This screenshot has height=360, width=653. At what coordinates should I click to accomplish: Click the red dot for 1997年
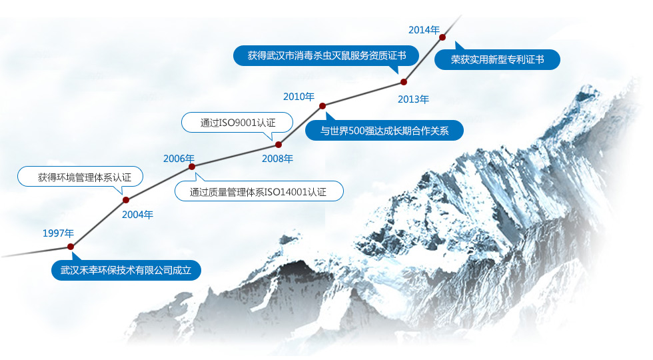pyautogui.click(x=71, y=247)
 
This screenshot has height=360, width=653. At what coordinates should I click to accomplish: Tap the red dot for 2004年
pyautogui.click(x=126, y=200)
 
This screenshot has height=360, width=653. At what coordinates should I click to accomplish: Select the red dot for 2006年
pyautogui.click(x=192, y=167)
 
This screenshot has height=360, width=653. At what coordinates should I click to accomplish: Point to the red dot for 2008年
pyautogui.click(x=279, y=145)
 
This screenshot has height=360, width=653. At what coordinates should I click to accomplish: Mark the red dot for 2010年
pyautogui.click(x=323, y=106)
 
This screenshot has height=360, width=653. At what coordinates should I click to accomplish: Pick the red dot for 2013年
pyautogui.click(x=404, y=82)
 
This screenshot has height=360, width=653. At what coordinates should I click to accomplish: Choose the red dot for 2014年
pyautogui.click(x=442, y=37)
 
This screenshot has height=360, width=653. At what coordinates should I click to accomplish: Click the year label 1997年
pyautogui.click(x=59, y=233)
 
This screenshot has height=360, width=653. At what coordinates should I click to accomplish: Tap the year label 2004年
pyautogui.click(x=137, y=215)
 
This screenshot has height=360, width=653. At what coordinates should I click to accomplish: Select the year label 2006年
pyautogui.click(x=179, y=159)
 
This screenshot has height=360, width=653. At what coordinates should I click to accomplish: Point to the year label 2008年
pyautogui.click(x=277, y=159)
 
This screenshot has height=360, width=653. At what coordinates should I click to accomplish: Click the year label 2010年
pyautogui.click(x=299, y=97)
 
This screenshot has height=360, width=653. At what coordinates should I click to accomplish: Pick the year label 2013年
pyautogui.click(x=413, y=99)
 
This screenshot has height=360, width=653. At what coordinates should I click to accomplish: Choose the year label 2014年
pyautogui.click(x=424, y=30)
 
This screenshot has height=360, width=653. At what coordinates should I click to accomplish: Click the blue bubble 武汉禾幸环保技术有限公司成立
pyautogui.click(x=126, y=270)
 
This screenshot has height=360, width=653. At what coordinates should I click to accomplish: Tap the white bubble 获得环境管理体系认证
pyautogui.click(x=81, y=177)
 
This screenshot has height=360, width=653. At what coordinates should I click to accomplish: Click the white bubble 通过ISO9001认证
pyautogui.click(x=237, y=123)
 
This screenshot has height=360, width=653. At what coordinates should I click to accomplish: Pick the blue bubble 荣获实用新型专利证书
pyautogui.click(x=497, y=59)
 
